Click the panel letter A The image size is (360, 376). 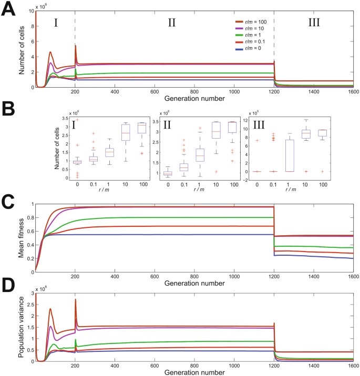pyautogui.click(x=9, y=9)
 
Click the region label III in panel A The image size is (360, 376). pyautogui.click(x=314, y=23)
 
